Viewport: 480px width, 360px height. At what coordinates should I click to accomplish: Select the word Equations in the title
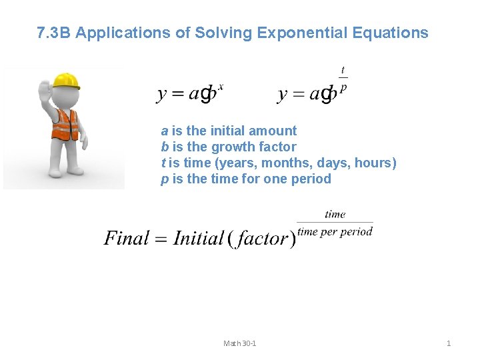point(393,33)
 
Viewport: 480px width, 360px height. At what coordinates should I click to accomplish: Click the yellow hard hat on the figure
point(66,81)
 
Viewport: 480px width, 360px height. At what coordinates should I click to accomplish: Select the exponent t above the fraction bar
point(343,70)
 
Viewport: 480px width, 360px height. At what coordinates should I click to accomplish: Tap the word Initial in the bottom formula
point(198,238)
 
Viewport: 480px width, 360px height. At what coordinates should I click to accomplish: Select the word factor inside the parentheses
point(262,238)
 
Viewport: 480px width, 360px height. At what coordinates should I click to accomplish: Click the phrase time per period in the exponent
point(335,231)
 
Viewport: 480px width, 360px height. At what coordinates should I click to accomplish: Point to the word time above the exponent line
point(335,214)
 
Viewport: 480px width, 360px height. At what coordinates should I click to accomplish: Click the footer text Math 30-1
point(240,343)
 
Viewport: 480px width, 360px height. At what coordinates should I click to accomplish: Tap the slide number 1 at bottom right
point(448,343)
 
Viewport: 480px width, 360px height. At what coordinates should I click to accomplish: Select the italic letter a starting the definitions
point(164,131)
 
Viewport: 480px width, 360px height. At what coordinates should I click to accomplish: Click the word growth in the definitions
point(233,147)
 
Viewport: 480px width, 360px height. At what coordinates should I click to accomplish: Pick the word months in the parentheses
point(291,163)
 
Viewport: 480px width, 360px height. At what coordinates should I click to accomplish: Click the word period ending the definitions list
point(310,179)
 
